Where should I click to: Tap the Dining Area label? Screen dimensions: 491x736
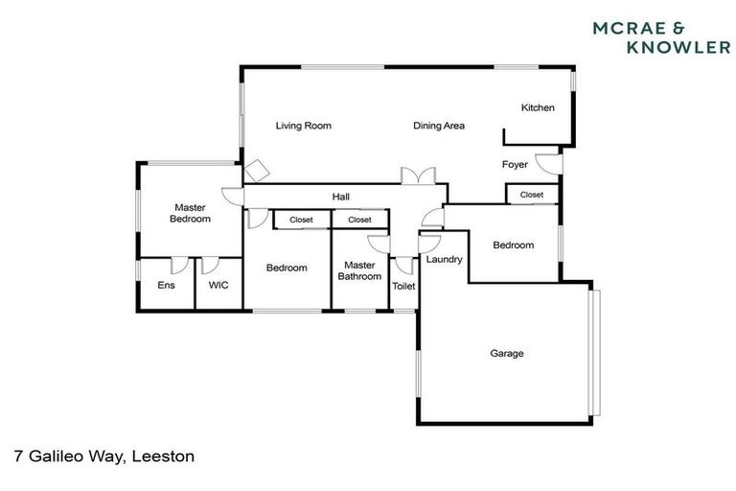point(439,126)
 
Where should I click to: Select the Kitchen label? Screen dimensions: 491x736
point(538,108)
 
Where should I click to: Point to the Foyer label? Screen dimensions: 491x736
point(515,165)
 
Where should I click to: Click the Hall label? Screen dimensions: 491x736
point(340,198)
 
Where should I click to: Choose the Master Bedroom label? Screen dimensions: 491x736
point(190,213)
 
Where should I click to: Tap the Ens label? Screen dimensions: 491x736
point(166,285)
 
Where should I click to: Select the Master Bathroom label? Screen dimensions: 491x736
point(359,271)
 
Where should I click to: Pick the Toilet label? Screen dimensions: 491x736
point(403,286)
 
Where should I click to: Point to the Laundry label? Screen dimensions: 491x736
point(444,260)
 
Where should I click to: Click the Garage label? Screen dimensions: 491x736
point(507,354)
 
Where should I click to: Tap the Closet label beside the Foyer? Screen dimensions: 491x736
point(531,195)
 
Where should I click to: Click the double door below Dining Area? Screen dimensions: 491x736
point(419,176)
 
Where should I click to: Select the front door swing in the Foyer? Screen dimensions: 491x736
point(546,164)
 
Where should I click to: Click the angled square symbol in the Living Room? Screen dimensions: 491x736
point(257,171)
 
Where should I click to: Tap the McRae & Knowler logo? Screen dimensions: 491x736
point(660,36)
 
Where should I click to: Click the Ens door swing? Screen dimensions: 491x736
point(177,266)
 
